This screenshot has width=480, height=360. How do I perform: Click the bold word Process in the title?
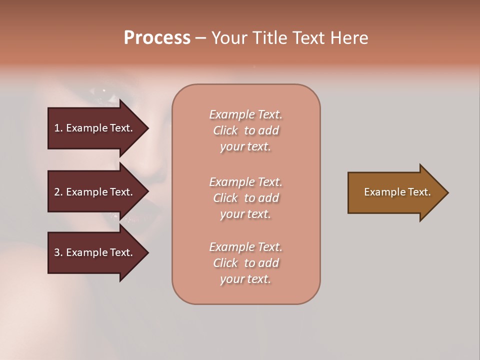[157, 38]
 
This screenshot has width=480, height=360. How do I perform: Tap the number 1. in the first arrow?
[58, 128]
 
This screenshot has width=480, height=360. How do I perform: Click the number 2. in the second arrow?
[58, 192]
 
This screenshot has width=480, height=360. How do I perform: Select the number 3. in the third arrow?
[58, 252]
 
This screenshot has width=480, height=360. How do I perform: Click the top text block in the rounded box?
[246, 130]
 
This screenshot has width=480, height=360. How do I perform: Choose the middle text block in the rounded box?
[246, 198]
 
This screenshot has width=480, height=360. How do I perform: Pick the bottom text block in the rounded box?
[246, 263]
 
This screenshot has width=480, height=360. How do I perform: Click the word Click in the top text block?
[225, 130]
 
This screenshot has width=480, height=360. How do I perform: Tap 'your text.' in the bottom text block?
[245, 279]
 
